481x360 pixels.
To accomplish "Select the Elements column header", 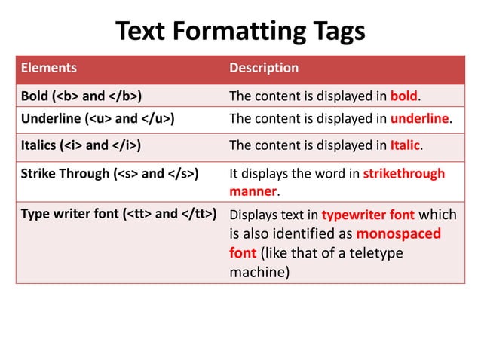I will click(48, 68).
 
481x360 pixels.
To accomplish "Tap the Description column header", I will click(263, 68).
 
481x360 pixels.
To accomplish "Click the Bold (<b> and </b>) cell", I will click(82, 96).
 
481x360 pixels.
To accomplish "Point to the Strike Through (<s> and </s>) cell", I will click(109, 174).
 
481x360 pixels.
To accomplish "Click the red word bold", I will click(403, 96).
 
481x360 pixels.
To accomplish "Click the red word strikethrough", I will click(404, 174).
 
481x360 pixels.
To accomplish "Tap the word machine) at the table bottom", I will click(259, 271).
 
